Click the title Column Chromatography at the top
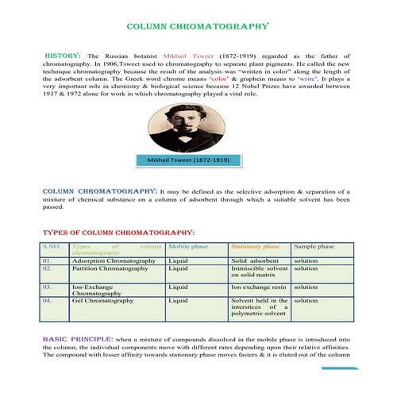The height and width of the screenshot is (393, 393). [x=198, y=26]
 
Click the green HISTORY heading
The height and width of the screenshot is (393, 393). [x=62, y=56]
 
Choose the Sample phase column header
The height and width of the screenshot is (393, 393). [x=314, y=247]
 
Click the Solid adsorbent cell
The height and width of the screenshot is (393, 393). [x=255, y=260]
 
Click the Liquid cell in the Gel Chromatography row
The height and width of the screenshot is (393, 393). [x=179, y=302]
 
